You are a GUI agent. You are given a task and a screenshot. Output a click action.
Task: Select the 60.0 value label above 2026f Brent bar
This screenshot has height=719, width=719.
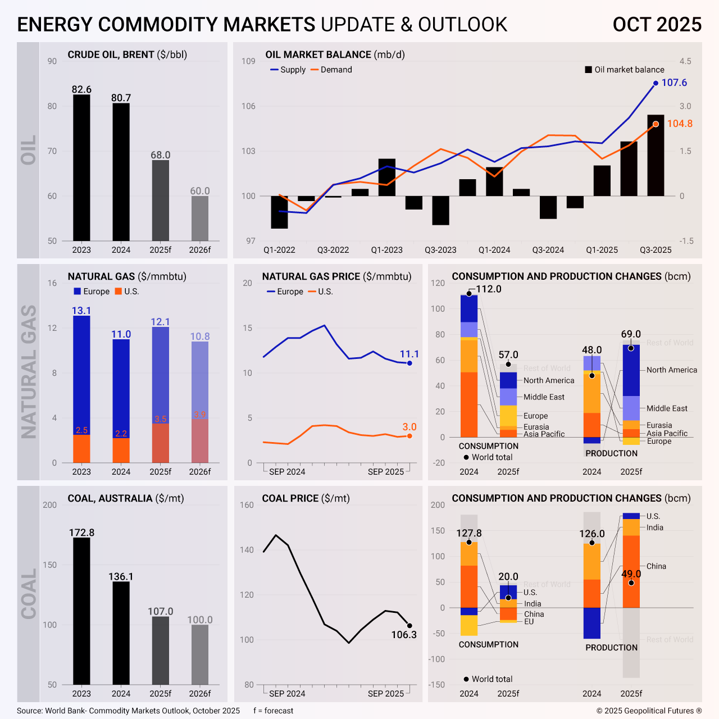pos(200,191)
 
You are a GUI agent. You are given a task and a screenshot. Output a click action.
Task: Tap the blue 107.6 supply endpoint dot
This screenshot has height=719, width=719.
pos(656,83)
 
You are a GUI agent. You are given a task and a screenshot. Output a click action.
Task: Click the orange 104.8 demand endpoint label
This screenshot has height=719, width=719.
pos(680,124)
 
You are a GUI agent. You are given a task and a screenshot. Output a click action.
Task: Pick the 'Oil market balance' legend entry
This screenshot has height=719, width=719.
pos(625,70)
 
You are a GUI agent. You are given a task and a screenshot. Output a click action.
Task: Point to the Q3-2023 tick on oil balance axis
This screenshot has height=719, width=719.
pos(440,250)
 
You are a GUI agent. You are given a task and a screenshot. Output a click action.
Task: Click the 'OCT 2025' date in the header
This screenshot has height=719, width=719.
pos(657,25)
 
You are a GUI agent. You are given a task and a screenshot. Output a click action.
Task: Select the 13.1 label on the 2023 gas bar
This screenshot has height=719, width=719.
pos(81,311)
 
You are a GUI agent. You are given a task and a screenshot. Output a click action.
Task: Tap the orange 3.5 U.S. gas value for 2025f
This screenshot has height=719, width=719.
pos(161,419)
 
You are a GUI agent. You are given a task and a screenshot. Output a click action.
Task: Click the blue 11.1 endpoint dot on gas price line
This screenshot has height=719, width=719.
pos(409,363)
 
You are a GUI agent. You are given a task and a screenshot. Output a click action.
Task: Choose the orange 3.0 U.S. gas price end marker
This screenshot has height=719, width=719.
pos(409,436)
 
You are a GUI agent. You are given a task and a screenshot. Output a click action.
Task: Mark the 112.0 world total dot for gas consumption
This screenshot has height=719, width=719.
pos(469,294)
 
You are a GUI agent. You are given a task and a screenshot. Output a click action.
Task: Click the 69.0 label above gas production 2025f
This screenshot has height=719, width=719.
pos(631,334)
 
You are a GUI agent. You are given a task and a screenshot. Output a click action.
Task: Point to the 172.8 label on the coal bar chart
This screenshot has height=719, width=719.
pos(81,533)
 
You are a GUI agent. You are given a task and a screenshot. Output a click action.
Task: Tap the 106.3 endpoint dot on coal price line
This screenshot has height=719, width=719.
pos(409,626)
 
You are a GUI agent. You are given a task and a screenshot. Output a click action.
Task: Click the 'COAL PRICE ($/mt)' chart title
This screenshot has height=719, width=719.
pos(306,498)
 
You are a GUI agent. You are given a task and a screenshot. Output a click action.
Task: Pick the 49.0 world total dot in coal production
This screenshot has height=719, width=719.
pos(631,583)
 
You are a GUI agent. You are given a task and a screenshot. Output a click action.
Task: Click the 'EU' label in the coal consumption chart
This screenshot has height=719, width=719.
pos(529,622)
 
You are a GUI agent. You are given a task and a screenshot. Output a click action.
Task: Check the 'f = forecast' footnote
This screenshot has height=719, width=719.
pos(273,711)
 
